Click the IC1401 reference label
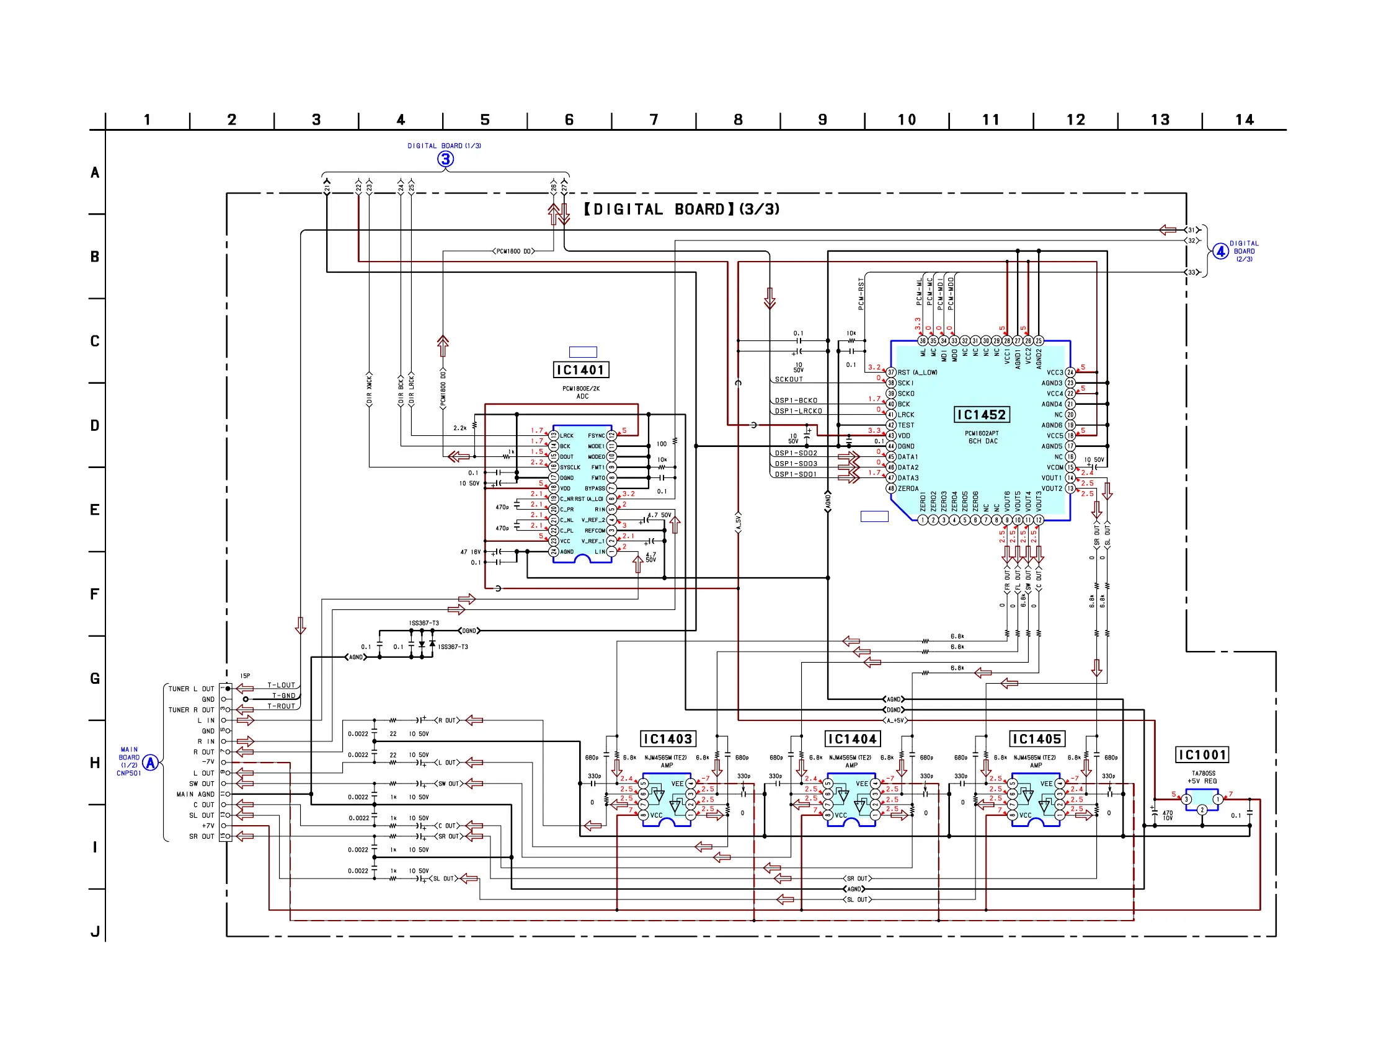click(580, 369)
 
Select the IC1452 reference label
click(981, 414)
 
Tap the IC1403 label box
click(667, 739)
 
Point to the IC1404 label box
click(851, 739)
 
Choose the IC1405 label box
click(1036, 739)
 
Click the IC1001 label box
click(1202, 754)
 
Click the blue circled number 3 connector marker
click(445, 159)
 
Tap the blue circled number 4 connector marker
click(1220, 251)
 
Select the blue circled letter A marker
click(150, 762)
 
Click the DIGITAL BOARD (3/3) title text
click(682, 209)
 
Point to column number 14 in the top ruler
click(1244, 120)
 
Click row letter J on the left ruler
click(95, 931)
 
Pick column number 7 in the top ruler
click(654, 120)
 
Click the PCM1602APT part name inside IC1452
click(982, 433)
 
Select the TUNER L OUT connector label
click(191, 689)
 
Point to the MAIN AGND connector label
click(195, 794)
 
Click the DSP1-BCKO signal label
click(796, 400)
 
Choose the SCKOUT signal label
click(789, 379)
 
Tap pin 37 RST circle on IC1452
click(890, 372)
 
